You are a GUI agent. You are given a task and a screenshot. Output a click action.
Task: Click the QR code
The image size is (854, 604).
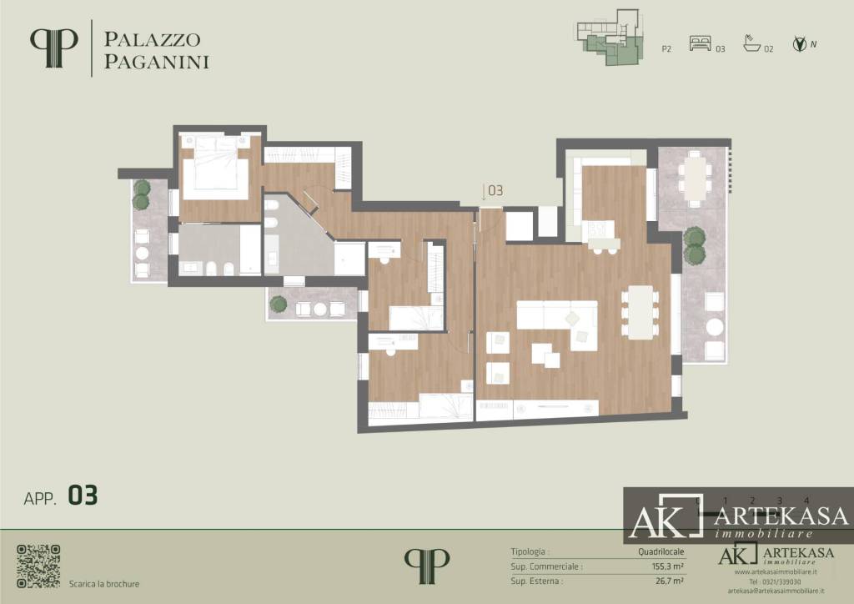pyautogui.click(x=38, y=566)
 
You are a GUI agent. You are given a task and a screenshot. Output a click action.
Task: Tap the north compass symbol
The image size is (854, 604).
pyautogui.click(x=801, y=45)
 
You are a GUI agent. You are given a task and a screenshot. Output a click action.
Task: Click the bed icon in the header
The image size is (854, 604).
pyautogui.click(x=701, y=45)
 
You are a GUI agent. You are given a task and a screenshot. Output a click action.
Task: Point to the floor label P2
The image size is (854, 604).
pyautogui.click(x=666, y=49)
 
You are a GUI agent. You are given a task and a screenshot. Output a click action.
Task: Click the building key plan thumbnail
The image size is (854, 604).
pyautogui.click(x=610, y=38)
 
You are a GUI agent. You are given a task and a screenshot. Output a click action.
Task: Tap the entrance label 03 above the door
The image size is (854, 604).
pyautogui.click(x=495, y=191)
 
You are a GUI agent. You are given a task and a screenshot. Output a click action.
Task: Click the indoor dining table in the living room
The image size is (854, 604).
pyautogui.click(x=640, y=312)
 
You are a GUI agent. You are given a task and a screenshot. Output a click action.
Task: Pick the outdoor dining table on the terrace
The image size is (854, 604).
pyautogui.click(x=695, y=178)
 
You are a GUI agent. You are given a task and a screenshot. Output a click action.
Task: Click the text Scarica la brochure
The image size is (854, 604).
pyautogui.click(x=104, y=584)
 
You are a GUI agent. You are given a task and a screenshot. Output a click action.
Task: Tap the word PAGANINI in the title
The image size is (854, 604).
pyautogui.click(x=155, y=61)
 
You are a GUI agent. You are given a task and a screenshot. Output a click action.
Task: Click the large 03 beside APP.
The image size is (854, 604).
pyautogui.click(x=83, y=496)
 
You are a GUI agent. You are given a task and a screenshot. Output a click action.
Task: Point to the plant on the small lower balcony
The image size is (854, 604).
pyautogui.click(x=279, y=304)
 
